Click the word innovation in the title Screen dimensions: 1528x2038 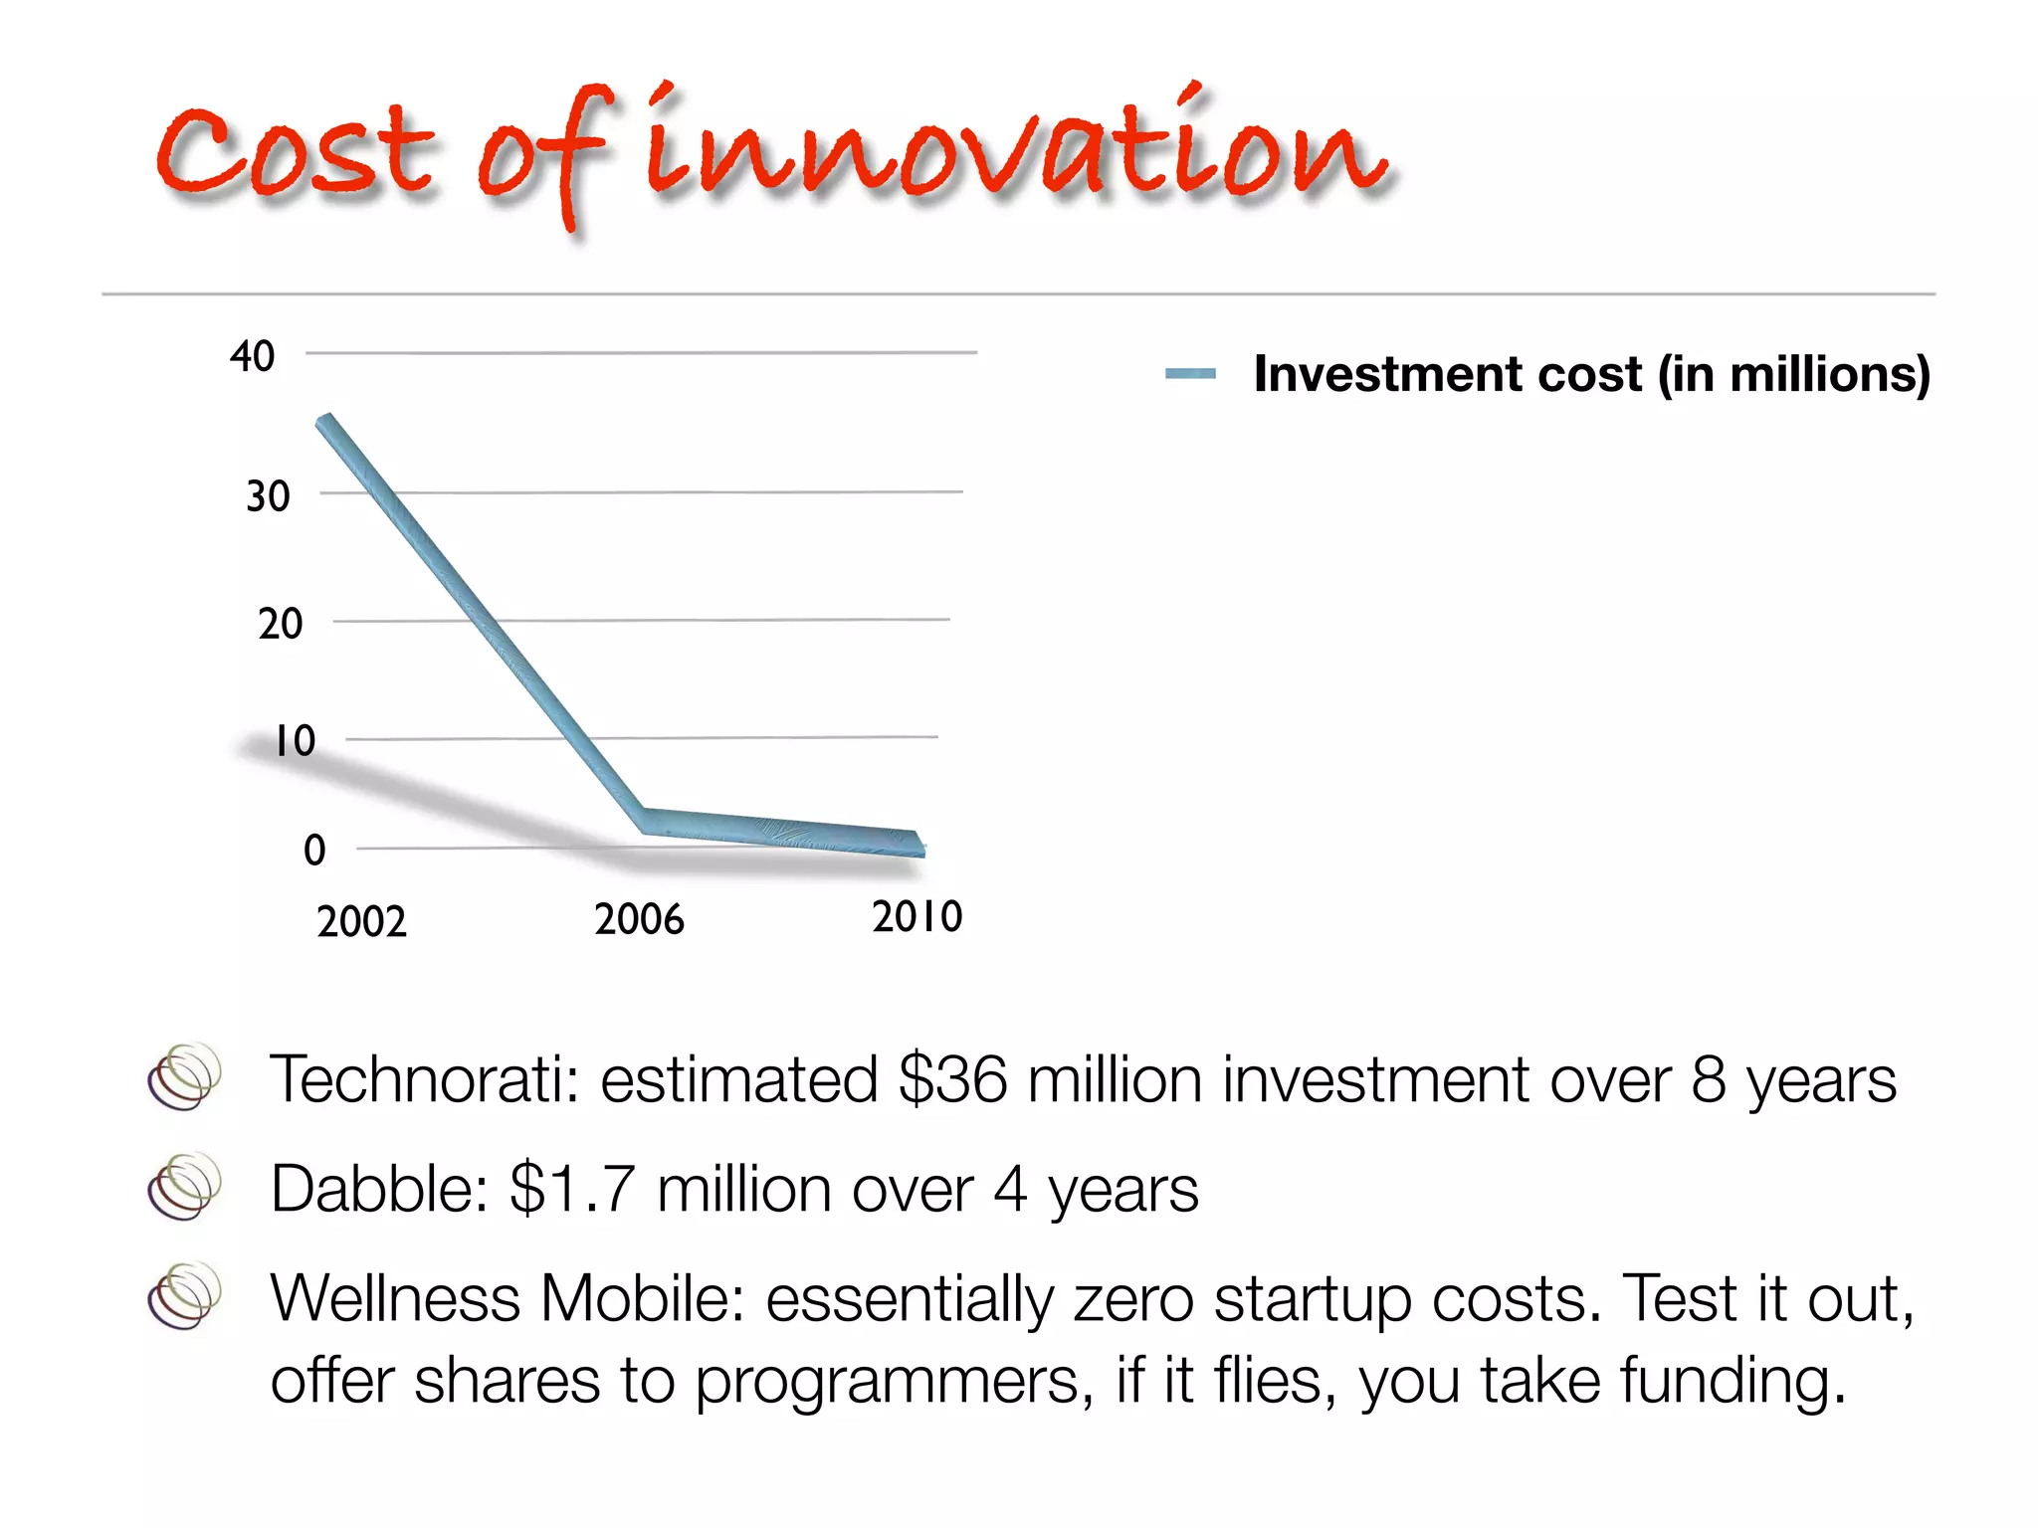1015,149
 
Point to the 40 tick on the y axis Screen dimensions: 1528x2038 252,356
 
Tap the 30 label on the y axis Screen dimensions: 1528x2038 268,496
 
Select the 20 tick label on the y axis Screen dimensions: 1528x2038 280,624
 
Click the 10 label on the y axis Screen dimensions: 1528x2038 295,741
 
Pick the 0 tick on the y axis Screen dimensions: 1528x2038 314,851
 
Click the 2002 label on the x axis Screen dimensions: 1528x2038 361,922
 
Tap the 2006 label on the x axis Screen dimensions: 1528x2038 639,919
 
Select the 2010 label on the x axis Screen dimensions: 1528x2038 917,916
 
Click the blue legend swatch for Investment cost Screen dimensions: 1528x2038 1190,374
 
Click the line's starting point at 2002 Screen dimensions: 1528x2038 324,420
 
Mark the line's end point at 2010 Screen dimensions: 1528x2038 918,844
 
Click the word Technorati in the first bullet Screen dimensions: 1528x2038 424,1079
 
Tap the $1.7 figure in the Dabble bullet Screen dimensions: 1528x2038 571,1189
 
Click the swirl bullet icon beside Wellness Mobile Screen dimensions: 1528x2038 184,1295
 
